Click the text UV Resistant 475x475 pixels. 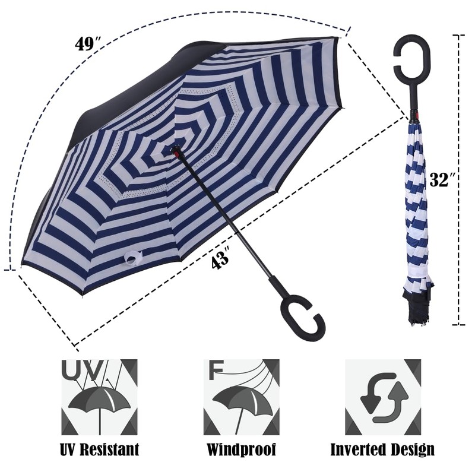pyautogui.click(x=99, y=449)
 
